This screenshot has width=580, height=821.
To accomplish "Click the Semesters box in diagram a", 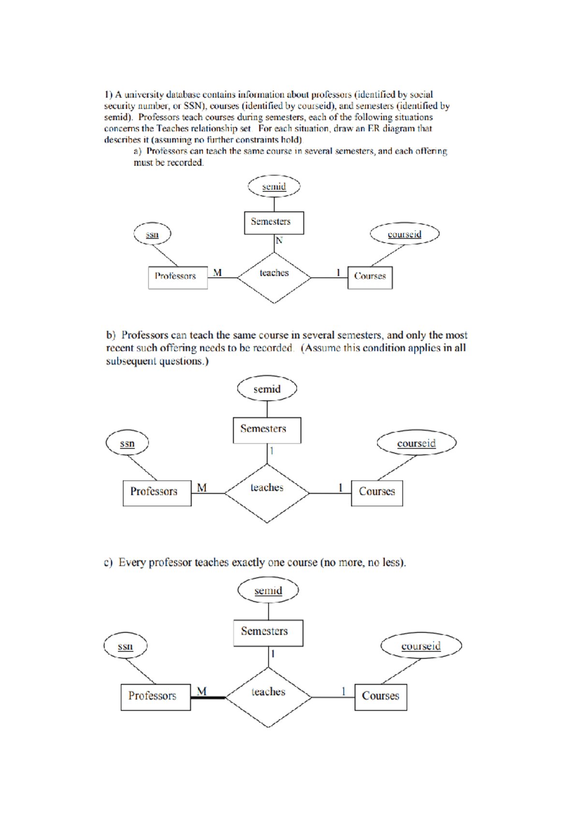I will (x=274, y=222).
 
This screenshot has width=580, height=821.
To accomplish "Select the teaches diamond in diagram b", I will (x=267, y=493).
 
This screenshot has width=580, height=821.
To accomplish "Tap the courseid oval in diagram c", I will (x=421, y=645).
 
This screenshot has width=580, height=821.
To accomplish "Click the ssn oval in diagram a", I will (x=152, y=235).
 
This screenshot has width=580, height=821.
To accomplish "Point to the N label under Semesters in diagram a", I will (x=279, y=240).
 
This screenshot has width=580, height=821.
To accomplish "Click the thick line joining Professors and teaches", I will (x=208, y=697).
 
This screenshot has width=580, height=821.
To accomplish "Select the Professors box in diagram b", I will (x=157, y=492).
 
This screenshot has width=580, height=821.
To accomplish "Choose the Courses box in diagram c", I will (x=380, y=696).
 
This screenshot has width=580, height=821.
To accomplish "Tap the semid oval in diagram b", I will (x=267, y=389).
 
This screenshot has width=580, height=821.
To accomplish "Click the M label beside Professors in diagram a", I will (x=217, y=273).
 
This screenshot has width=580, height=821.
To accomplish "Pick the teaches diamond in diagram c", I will (x=268, y=697).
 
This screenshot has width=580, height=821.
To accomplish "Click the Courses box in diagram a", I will (x=370, y=277).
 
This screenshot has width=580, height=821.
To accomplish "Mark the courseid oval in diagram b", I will (x=416, y=443).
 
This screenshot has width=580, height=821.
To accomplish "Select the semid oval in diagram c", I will (x=268, y=590).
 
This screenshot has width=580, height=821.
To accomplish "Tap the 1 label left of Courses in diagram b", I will (x=340, y=487).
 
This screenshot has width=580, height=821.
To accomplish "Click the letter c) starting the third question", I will (x=108, y=562).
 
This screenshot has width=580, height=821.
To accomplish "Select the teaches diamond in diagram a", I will (x=274, y=277).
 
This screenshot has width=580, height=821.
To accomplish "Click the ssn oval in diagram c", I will (x=125, y=646).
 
